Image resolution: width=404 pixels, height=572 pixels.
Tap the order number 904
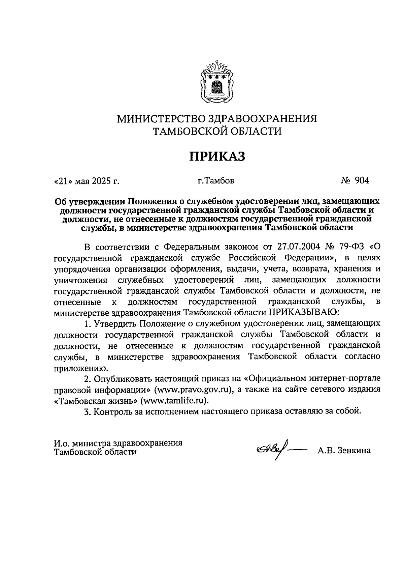pos(362,180)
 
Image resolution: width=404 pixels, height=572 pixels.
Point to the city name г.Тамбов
pos(216,181)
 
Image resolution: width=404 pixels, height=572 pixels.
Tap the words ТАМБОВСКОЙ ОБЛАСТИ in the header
pos(217,131)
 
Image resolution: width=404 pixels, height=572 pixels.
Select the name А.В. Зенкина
pos(343,450)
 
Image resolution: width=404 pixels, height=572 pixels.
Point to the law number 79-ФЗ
pos(350,247)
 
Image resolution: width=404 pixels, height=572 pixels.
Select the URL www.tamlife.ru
pos(174,400)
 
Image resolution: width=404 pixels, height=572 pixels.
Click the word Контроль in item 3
pos(115,411)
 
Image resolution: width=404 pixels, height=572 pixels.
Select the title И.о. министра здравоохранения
pos(118,442)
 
